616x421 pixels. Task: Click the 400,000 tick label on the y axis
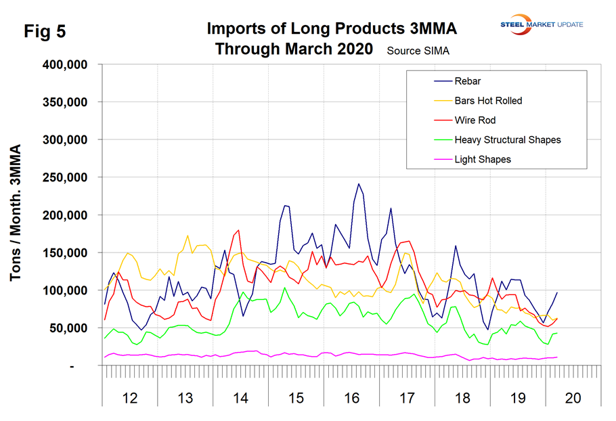point(72,65)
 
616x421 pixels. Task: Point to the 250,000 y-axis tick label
point(72,177)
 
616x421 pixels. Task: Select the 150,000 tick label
point(72,252)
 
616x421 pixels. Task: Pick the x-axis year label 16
point(351,398)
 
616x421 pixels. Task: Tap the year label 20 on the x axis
point(572,398)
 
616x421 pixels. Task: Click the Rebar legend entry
point(466,82)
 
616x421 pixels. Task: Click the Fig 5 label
point(45,32)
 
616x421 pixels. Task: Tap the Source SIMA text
point(418,51)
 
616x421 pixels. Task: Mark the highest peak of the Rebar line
point(359,183)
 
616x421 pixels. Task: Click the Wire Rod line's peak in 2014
point(239,230)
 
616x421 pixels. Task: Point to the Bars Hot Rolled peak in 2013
point(188,236)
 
